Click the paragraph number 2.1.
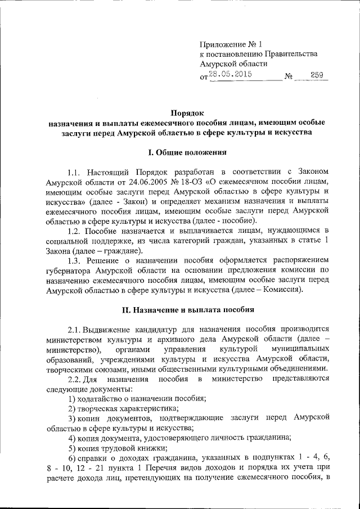pos(75,328)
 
